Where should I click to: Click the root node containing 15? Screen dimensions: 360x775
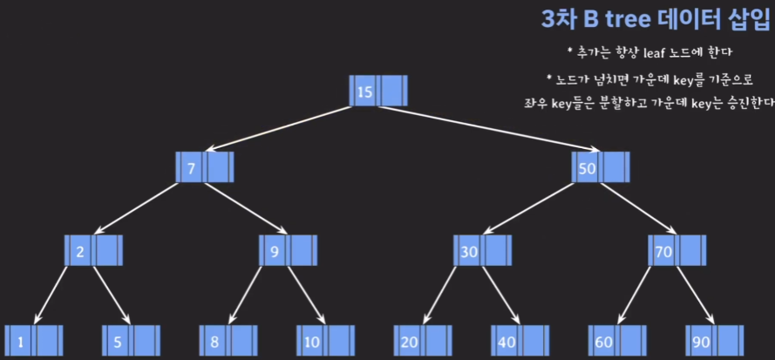point(378,92)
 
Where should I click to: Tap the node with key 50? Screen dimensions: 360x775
point(602,167)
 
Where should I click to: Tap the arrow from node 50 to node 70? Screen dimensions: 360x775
point(639,209)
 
